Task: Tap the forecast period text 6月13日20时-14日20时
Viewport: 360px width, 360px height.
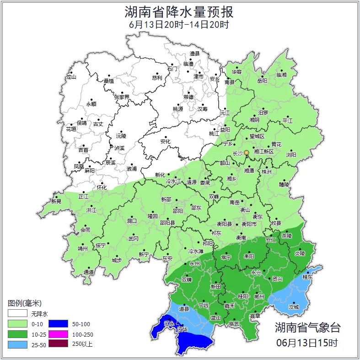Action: (179, 24)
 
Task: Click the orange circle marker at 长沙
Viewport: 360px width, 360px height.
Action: (247, 152)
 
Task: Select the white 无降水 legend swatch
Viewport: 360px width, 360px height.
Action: (17, 314)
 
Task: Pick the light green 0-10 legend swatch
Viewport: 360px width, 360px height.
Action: (17, 324)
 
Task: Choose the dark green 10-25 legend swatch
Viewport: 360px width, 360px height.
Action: (17, 334)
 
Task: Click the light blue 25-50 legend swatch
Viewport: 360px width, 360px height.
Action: (17, 344)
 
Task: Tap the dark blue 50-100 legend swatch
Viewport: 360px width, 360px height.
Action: (58, 324)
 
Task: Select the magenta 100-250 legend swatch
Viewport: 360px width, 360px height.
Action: (58, 334)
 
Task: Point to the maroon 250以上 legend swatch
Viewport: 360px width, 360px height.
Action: (58, 344)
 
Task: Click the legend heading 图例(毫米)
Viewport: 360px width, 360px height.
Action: (24, 303)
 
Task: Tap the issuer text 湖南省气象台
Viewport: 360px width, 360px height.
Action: (307, 328)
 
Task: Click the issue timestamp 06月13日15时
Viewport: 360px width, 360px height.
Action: (307, 342)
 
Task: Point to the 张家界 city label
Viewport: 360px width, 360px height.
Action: (122, 97)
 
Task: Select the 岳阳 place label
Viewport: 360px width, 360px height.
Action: (262, 81)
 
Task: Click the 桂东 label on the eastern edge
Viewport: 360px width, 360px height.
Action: (308, 277)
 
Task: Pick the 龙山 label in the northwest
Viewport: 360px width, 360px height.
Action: (71, 77)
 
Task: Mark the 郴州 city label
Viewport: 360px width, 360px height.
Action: (259, 296)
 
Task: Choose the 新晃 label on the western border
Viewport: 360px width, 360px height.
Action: (56, 201)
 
